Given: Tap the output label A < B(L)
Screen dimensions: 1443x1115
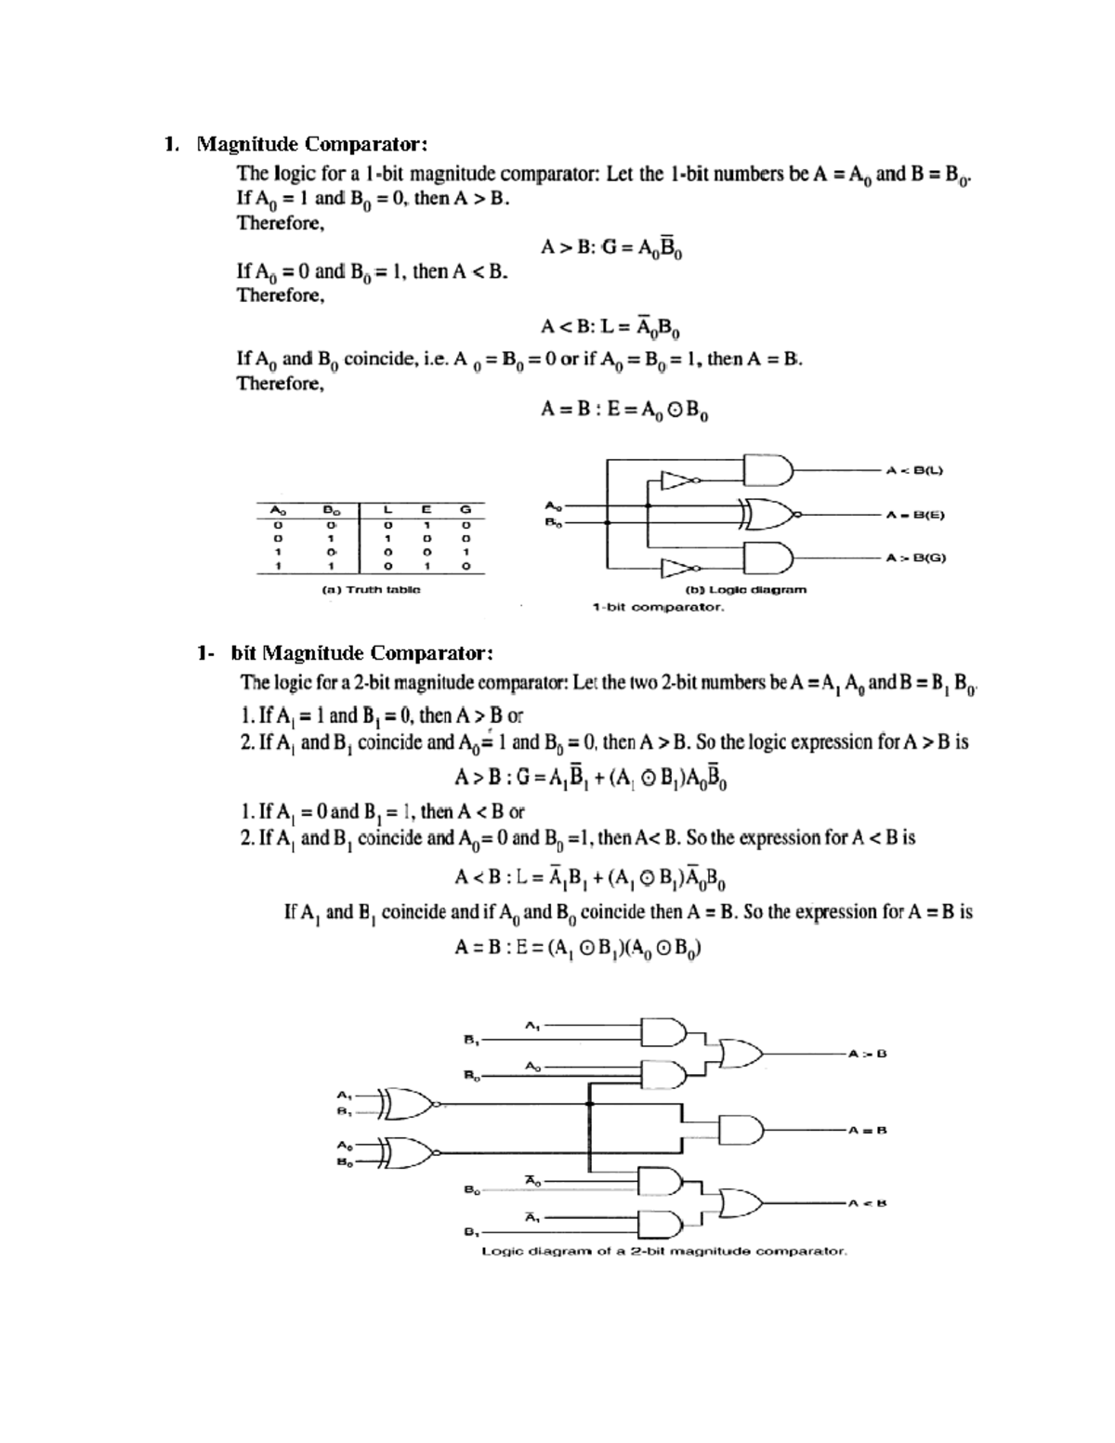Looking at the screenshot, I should pyautogui.click(x=914, y=470).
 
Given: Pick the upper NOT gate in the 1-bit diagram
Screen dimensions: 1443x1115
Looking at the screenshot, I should pyautogui.click(x=677, y=480).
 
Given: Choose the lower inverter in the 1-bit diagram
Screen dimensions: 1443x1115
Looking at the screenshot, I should pyautogui.click(x=677, y=567).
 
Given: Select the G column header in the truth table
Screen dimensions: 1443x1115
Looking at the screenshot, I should pyautogui.click(x=466, y=509).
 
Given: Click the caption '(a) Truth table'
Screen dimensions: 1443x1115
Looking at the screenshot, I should pyautogui.click(x=371, y=589).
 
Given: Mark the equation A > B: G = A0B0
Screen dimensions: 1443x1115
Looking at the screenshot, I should pyautogui.click(x=612, y=249).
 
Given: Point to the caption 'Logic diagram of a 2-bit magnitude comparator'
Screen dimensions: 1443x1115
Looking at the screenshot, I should pyautogui.click(x=663, y=1251).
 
